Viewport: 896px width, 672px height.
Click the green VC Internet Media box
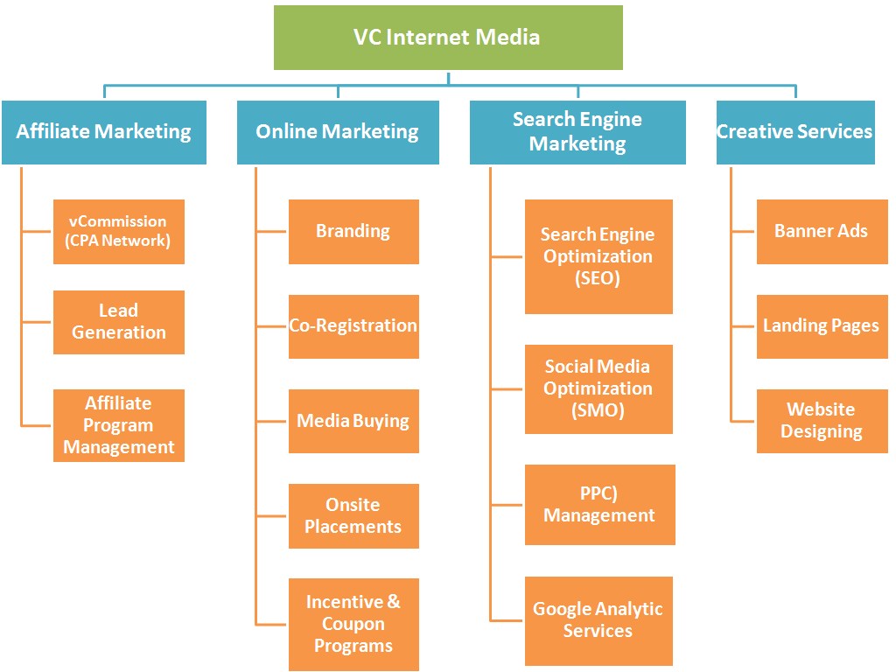pos(448,38)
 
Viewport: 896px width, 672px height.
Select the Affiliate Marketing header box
pos(104,132)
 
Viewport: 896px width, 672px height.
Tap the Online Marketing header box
pos(338,132)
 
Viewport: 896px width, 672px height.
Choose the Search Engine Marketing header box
pos(577,132)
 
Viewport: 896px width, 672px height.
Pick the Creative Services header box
pos(794,132)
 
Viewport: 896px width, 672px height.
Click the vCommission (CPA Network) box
pos(119,232)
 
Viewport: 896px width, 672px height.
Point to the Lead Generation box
pos(119,322)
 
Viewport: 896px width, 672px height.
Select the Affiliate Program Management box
pos(119,425)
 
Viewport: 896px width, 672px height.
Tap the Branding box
pos(353,232)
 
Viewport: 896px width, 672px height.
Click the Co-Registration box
pos(353,326)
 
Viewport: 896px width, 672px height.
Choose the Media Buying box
pos(353,421)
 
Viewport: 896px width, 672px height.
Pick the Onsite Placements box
pos(353,516)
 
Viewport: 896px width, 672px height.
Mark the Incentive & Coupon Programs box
pos(353,624)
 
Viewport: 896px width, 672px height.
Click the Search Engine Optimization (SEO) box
pos(598,256)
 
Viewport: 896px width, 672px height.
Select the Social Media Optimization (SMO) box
pos(598,388)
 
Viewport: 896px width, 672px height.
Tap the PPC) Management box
pos(599,505)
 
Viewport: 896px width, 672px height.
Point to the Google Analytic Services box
pos(598,620)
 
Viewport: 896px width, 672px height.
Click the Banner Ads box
pos(822,232)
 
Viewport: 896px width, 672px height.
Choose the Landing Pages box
pos(822,326)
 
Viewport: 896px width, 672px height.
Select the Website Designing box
pos(822,421)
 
